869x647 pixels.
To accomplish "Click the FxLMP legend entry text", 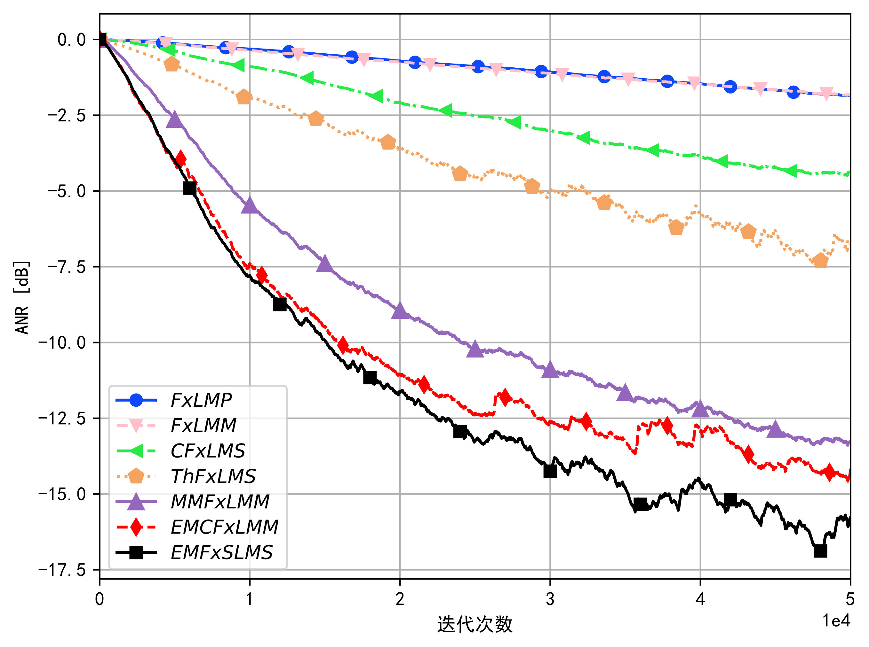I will [x=201, y=400].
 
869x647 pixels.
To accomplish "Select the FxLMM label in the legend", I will [x=203, y=426].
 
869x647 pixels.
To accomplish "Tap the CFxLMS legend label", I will [x=208, y=451].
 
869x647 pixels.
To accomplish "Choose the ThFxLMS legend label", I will [x=213, y=477].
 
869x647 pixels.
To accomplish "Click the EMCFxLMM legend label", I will [x=224, y=527].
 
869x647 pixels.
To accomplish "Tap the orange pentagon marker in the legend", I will [x=136, y=477].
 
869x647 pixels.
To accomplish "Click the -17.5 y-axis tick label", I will [x=62, y=570].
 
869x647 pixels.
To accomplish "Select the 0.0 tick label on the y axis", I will [x=71, y=40].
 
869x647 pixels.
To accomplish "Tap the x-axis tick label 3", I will [x=550, y=599].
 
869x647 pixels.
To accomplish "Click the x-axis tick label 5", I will [x=850, y=599].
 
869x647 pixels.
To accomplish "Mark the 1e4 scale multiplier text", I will [x=836, y=621].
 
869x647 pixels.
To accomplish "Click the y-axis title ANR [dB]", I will [x=22, y=298].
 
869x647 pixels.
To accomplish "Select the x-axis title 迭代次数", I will [x=474, y=624].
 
